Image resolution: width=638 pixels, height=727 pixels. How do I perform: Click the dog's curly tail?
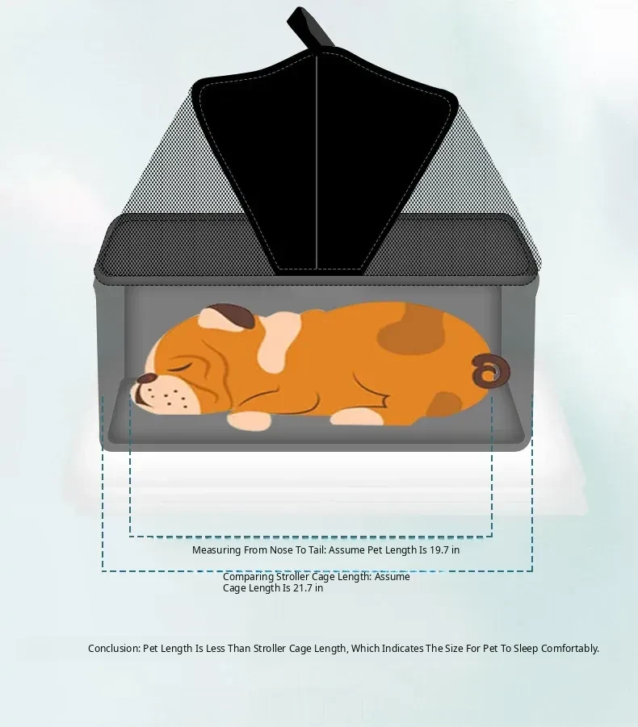pos(490,370)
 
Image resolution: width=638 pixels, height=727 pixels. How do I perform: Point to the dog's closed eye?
pos(182,368)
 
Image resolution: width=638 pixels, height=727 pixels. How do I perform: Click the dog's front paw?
pos(250,420)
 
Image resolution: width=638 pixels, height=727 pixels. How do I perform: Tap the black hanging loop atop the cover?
pos(309,27)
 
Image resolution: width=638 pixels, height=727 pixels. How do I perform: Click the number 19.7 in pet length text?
pos(439,549)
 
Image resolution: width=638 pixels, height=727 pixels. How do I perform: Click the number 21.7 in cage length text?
pos(302,588)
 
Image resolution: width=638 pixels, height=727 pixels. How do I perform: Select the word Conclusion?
pos(114,648)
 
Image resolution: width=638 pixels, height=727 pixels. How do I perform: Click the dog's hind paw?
pos(357,417)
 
